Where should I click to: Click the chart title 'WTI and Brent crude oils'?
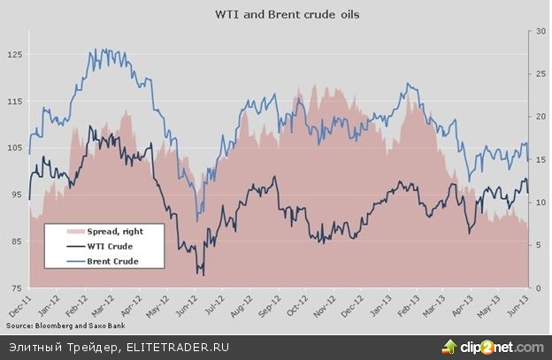click(x=276, y=15)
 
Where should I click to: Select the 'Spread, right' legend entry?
click(x=111, y=230)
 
